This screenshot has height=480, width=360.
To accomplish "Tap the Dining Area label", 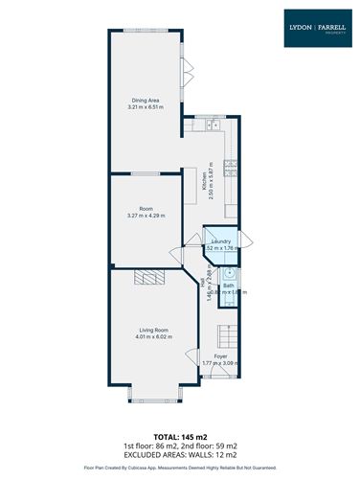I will pos(146,100).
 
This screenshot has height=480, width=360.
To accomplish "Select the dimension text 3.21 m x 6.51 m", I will pos(146,107).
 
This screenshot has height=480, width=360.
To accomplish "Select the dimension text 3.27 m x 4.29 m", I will pos(146,216).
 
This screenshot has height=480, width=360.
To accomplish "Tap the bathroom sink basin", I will pos(231,273).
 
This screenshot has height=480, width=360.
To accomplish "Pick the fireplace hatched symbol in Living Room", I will pos(147,278).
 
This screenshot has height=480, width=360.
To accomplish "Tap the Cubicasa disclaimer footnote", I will pos(179,468).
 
